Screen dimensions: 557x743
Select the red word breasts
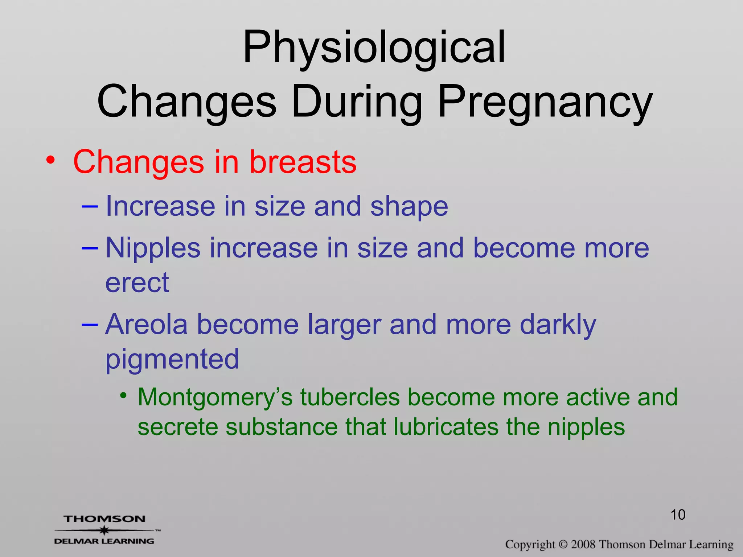coord(303,162)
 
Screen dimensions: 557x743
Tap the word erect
coord(137,283)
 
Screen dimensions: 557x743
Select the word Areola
coord(147,324)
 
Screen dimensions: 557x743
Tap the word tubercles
coord(350,397)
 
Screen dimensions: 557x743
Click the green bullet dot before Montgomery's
coord(124,395)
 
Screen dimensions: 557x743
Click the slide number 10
coord(678,515)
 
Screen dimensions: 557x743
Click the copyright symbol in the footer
coord(563,544)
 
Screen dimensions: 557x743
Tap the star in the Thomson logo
coord(104,530)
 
